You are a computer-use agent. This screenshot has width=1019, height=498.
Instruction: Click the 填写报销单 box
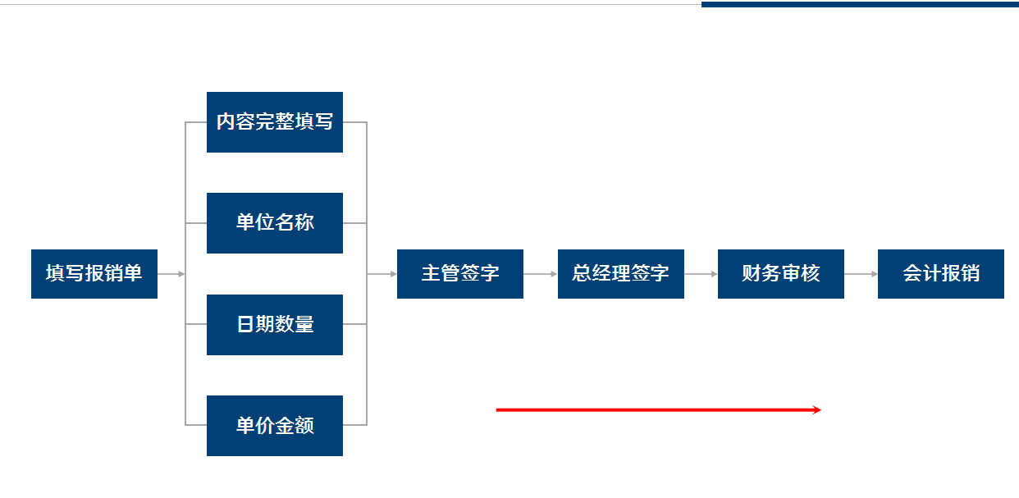point(94,274)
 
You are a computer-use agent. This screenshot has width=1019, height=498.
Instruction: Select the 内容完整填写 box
point(275,122)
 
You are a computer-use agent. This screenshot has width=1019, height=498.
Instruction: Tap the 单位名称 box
point(275,223)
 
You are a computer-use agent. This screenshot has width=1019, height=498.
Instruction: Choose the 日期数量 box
point(275,325)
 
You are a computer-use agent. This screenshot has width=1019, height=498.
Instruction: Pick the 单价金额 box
point(275,426)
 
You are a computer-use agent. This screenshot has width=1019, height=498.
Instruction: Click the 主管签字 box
point(460,274)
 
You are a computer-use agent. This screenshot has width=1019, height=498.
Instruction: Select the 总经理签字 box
point(621,274)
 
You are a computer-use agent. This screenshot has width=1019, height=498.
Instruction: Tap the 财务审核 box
point(781,274)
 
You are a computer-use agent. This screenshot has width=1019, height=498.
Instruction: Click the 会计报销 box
point(941,274)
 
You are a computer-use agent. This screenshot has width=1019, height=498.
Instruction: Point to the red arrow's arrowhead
point(818,409)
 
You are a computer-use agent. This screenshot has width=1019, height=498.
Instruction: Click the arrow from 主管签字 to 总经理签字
point(541,274)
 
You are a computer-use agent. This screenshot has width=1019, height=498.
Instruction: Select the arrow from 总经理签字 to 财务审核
point(701,274)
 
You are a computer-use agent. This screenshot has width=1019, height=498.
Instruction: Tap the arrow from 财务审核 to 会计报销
point(861,274)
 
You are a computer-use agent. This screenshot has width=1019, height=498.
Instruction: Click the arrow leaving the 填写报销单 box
point(171,274)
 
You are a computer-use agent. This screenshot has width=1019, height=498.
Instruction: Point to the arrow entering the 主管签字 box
point(382,274)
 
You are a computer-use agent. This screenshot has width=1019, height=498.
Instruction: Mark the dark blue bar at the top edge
point(860,4)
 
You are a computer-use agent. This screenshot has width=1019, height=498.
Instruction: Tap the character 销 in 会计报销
point(971,274)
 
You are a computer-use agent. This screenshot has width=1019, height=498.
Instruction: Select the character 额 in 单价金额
point(304,426)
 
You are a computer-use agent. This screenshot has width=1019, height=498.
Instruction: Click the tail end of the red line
point(498,409)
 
